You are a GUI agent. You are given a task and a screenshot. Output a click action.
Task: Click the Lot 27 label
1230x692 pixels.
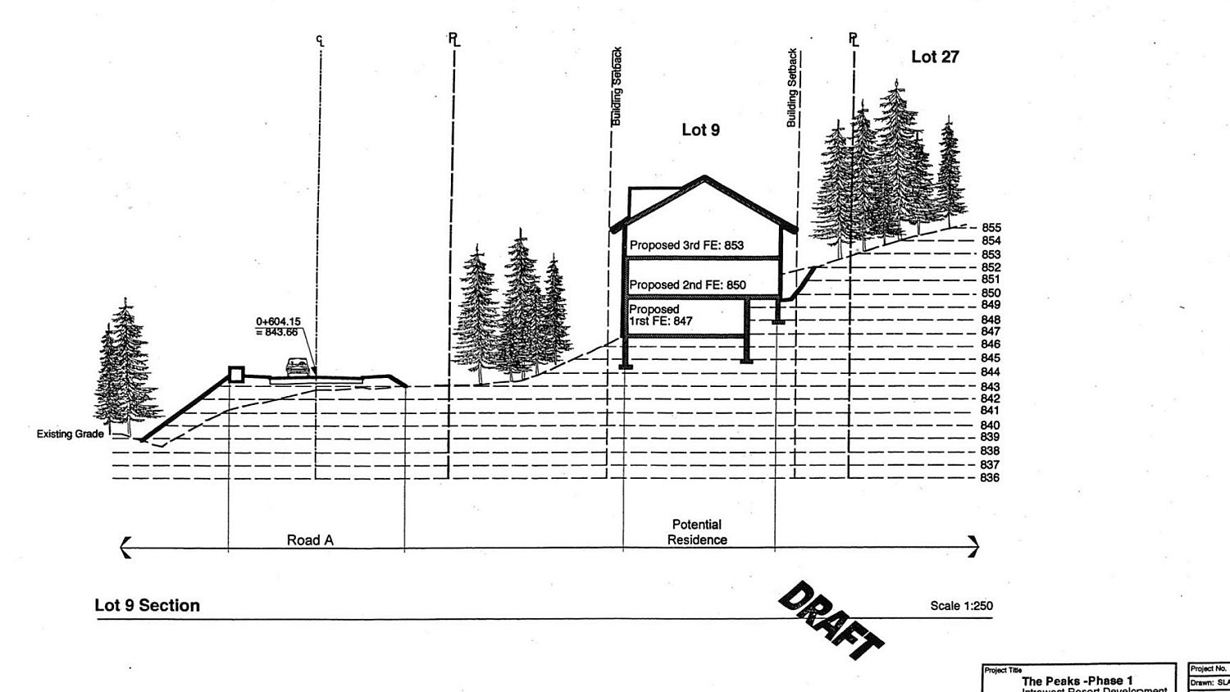[935, 57]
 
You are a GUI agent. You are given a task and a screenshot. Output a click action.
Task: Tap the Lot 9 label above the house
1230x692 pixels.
[700, 130]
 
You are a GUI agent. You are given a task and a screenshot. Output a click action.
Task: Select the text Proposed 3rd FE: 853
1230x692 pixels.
[686, 245]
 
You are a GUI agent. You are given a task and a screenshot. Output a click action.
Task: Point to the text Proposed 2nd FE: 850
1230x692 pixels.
[687, 285]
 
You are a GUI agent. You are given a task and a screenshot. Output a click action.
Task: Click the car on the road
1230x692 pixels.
[299, 366]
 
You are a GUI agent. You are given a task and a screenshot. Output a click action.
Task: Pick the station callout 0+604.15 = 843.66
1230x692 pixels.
[276, 327]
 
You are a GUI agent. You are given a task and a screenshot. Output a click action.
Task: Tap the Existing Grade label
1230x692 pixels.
[71, 434]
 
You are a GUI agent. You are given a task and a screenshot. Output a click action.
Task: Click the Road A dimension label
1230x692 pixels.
[310, 540]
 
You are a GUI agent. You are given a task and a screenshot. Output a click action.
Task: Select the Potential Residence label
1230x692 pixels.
[697, 532]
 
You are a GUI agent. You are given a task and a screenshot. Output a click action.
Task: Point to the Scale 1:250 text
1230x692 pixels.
[961, 606]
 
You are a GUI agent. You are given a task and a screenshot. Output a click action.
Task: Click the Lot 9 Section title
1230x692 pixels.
[148, 605]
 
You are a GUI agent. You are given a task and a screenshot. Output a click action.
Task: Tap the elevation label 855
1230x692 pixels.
[991, 228]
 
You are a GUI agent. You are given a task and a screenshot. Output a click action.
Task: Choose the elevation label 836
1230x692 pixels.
[990, 478]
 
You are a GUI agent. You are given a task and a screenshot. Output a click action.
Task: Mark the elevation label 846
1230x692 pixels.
[990, 345]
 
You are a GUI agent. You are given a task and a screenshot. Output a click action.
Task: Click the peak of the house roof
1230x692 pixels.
[704, 176]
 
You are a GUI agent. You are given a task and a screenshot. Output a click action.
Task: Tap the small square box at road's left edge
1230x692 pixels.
[236, 375]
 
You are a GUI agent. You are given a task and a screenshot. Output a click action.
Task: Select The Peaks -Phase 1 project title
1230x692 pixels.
[1077, 681]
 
